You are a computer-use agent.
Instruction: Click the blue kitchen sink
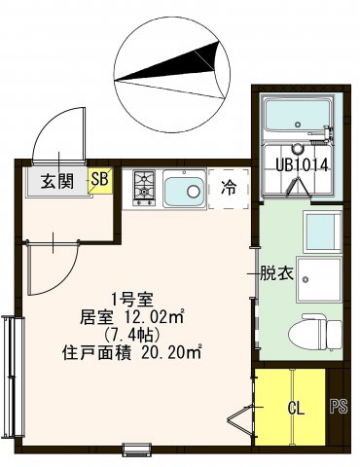[182, 189]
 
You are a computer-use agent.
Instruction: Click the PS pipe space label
[339, 407]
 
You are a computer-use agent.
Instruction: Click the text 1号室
[128, 298]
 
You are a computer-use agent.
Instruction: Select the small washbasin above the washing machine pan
[321, 232]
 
